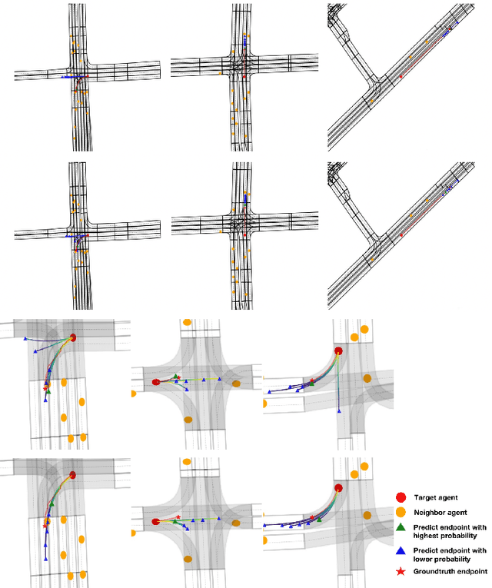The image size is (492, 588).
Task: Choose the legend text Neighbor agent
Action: pyautogui.click(x=439, y=512)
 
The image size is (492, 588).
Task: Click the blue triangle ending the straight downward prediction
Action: pyautogui.click(x=339, y=414)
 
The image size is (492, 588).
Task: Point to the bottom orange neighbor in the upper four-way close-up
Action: pyautogui.click(x=188, y=420)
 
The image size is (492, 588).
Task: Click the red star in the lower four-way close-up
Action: pyautogui.click(x=178, y=517)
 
